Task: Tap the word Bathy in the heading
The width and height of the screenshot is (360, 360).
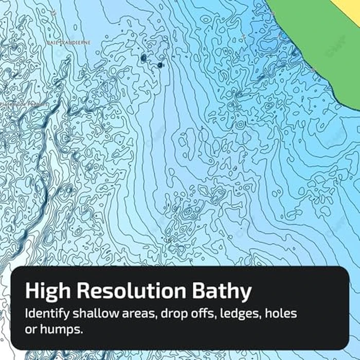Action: coord(225,292)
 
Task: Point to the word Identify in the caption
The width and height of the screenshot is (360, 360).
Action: coord(46,313)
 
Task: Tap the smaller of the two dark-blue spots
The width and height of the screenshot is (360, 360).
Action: coord(160,65)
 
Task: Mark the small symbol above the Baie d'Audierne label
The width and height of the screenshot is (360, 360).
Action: coord(53,12)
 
